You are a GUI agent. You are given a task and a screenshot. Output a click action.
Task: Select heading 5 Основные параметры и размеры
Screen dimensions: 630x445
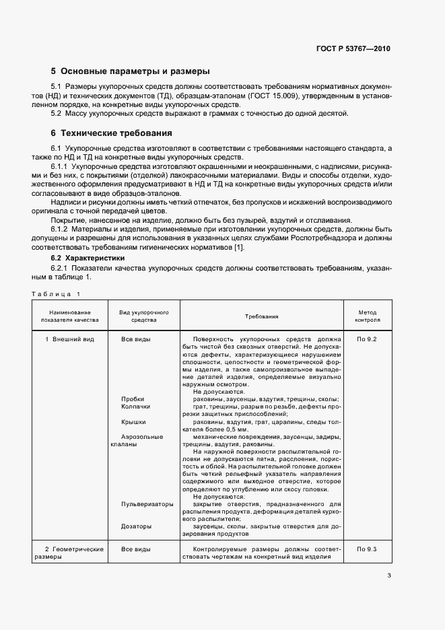coord(131,71)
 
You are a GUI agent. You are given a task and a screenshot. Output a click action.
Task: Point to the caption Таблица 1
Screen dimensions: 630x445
coord(56,293)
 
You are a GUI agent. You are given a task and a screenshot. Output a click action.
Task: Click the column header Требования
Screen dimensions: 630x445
coord(262,316)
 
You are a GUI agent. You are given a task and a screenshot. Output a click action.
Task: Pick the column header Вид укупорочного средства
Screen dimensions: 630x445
coord(143,316)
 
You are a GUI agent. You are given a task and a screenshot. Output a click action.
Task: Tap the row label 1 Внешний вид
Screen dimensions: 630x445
coord(70,339)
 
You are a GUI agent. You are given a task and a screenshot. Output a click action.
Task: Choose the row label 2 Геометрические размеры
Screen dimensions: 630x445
coord(73,553)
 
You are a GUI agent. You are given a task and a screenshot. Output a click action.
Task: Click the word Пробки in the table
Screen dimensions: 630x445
coord(133,399)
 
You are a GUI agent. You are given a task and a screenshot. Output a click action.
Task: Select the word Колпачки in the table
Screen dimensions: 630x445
coord(135,407)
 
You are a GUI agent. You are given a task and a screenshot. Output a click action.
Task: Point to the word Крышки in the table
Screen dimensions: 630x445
coord(133,421)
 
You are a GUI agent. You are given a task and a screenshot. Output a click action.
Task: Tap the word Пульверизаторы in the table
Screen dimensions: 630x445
coord(147,504)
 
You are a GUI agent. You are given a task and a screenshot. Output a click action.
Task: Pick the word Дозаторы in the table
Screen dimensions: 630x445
coord(136,526)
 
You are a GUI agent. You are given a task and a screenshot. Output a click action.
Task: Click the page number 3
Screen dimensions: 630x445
coord(389,575)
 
